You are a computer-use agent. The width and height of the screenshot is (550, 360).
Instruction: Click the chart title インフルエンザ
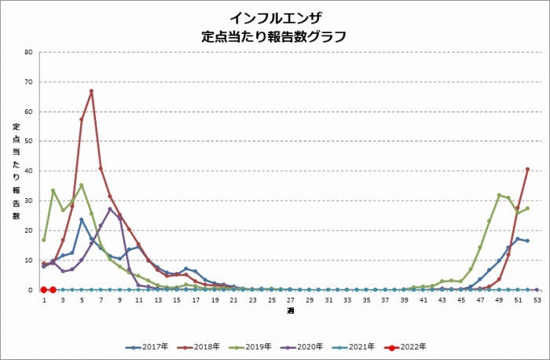tap(275, 17)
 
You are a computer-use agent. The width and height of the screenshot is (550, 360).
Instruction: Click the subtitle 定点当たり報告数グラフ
tap(275, 36)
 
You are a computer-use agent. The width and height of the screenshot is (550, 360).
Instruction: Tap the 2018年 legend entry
tap(201, 346)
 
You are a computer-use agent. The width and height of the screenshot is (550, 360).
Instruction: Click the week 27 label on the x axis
tap(290, 299)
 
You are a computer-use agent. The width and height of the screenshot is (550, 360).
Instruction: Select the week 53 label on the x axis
tap(537, 299)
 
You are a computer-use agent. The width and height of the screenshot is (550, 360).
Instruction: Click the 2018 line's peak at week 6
tap(91, 91)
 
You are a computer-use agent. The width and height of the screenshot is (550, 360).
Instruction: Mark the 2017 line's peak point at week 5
tap(82, 220)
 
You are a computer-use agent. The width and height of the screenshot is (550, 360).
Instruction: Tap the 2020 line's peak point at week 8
tap(110, 209)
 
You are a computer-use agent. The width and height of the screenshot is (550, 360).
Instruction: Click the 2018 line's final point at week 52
tap(527, 169)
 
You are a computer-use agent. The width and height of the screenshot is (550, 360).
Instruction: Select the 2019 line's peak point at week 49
tap(499, 195)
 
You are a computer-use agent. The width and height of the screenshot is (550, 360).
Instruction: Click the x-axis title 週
tap(290, 311)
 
